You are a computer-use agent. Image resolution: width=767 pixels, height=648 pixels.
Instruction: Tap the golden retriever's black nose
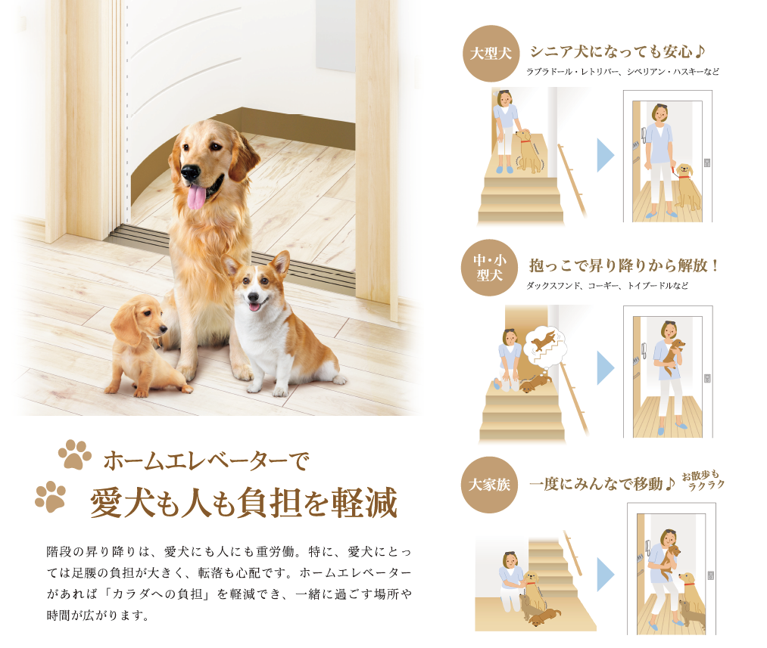point(190,172)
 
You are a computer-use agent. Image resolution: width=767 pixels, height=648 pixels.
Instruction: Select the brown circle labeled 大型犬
point(491,53)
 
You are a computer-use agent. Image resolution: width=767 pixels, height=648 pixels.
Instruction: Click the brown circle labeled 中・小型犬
point(490,268)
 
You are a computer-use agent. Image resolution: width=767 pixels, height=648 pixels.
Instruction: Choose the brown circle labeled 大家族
point(489,485)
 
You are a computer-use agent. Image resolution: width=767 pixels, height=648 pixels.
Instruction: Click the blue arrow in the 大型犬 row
point(606,155)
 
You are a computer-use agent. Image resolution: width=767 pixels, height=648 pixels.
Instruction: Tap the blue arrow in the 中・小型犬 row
point(606,368)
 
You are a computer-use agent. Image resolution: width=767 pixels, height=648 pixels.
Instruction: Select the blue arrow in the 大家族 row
point(606,574)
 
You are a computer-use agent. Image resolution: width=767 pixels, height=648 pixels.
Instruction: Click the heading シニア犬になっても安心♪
point(617,51)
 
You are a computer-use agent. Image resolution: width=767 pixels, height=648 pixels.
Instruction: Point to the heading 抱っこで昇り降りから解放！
point(624,265)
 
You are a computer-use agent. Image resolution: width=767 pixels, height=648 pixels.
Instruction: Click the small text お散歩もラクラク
point(703,480)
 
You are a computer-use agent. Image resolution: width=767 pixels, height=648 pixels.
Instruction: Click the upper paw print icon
point(75,454)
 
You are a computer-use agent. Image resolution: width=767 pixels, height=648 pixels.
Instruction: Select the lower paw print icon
point(51,497)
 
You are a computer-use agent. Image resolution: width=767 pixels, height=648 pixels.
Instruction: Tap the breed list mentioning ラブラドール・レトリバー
point(622,72)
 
